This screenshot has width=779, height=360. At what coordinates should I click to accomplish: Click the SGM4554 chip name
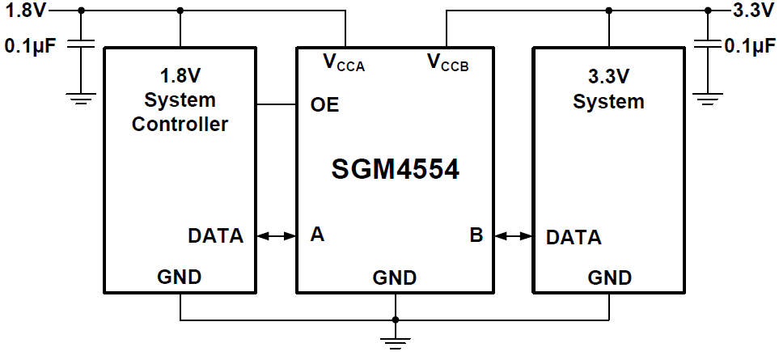tap(396, 170)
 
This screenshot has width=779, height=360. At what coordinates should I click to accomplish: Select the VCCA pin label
tap(344, 62)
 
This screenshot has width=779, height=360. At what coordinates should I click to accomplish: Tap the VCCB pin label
tap(447, 62)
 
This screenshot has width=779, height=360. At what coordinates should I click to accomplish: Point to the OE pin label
tap(324, 105)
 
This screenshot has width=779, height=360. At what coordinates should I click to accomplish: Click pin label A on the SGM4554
tap(318, 235)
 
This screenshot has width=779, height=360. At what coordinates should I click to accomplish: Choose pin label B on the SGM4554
tap(476, 235)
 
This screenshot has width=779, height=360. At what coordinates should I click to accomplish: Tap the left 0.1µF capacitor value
tap(30, 47)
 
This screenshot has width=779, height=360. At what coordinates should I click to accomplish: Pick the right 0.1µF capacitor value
tap(750, 47)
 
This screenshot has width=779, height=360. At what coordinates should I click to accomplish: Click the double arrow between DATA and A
tap(277, 236)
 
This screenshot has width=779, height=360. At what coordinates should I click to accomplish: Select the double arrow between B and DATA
tap(513, 236)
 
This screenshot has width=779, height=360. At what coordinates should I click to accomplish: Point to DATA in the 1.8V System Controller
tap(215, 236)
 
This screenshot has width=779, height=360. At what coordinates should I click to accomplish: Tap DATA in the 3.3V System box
tap(574, 238)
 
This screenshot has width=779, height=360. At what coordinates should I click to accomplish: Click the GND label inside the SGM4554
tap(395, 278)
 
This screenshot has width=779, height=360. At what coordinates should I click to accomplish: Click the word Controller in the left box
tap(180, 125)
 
